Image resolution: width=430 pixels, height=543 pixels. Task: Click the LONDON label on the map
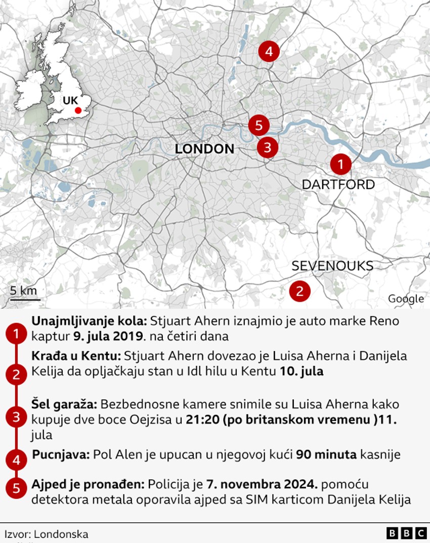tap(204, 149)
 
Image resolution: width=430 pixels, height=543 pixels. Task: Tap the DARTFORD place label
tap(338, 184)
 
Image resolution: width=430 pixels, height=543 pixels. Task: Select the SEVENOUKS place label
tap(332, 266)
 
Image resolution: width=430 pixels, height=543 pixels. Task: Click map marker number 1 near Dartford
tap(340, 164)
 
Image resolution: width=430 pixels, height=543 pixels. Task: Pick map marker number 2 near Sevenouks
tap(299, 291)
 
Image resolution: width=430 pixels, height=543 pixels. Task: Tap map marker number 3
tap(268, 147)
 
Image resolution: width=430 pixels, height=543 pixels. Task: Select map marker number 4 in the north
tap(269, 51)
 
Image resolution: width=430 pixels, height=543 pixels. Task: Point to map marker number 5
tap(259, 125)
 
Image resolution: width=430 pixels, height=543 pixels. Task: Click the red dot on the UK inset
tap(77, 110)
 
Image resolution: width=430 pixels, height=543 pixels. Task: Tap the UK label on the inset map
tap(70, 100)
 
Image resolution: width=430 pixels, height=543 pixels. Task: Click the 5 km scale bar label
tap(23, 290)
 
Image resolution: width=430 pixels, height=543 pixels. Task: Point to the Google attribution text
tap(406, 299)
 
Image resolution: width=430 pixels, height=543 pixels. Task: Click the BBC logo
tap(406, 533)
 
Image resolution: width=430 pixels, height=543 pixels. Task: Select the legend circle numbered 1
tap(17, 334)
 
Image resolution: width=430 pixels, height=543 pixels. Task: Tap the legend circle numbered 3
tap(17, 417)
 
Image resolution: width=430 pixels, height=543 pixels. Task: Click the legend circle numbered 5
tap(17, 488)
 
